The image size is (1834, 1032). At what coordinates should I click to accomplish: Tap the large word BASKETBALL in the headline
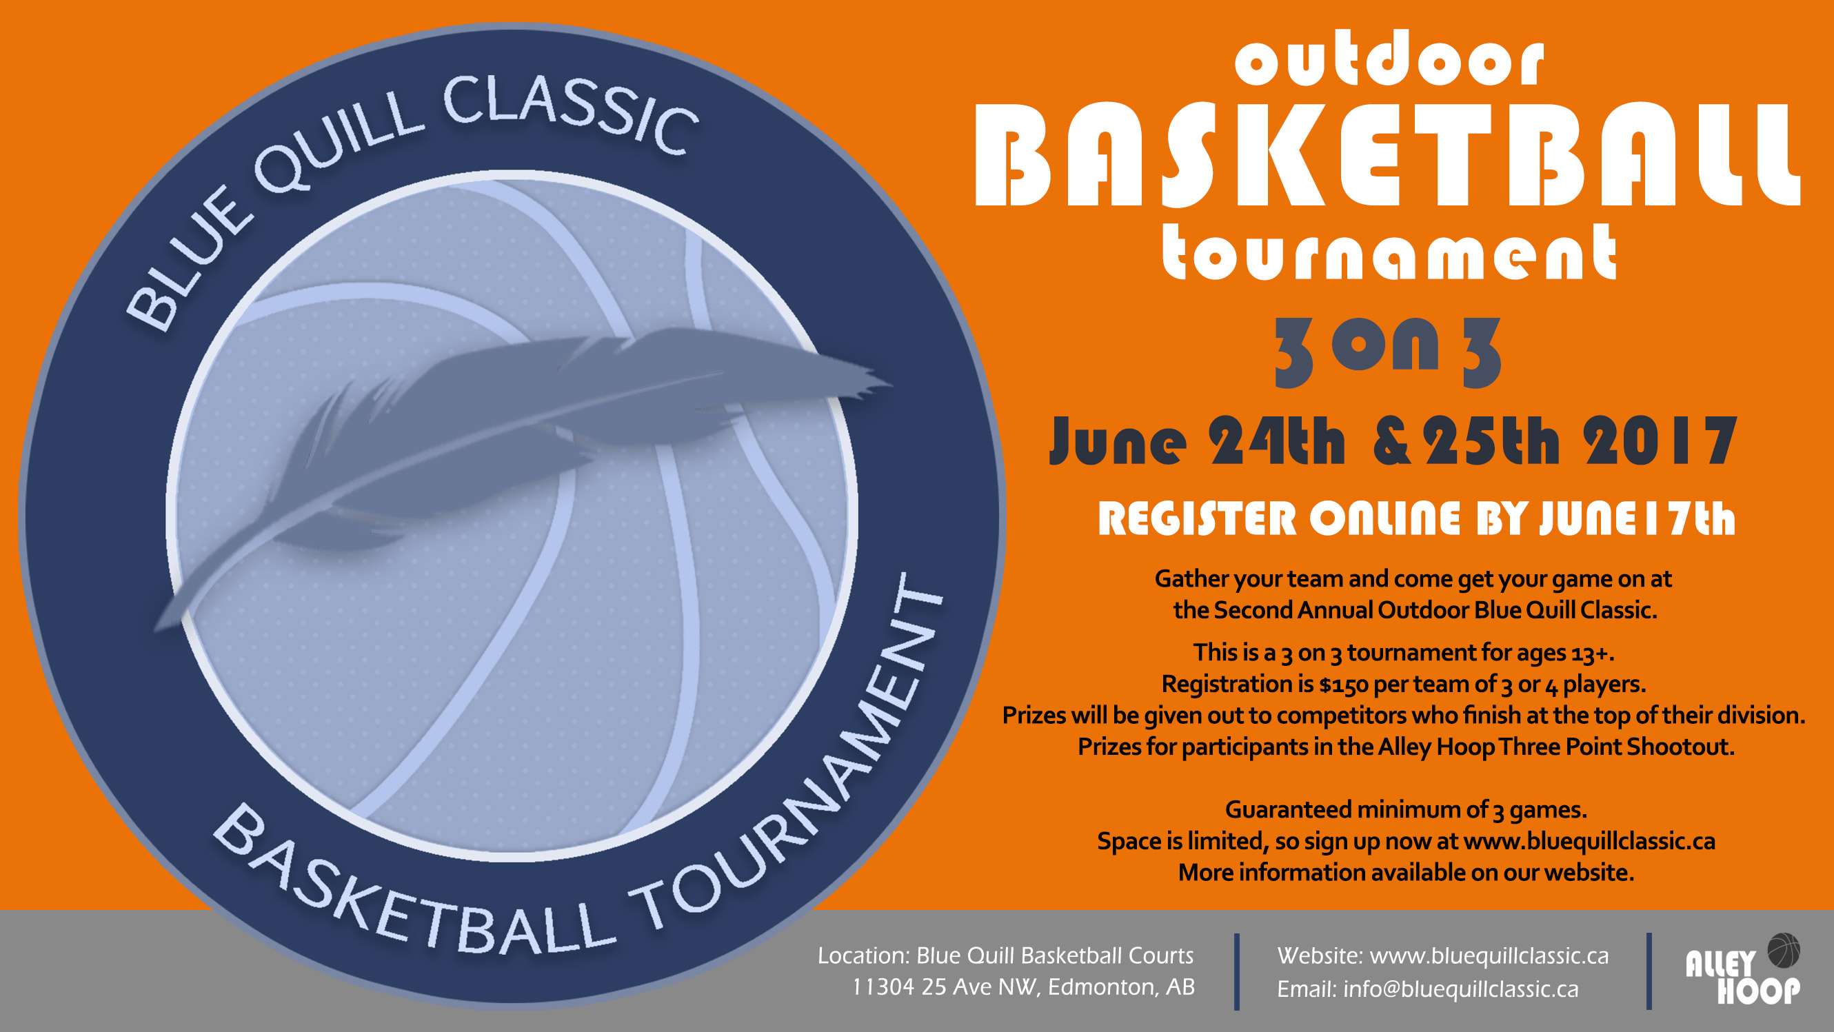pyautogui.click(x=1388, y=154)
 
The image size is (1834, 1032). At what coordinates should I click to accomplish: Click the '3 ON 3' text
pyautogui.click(x=1388, y=352)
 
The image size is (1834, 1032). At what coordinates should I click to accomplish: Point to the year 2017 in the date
pyautogui.click(x=1660, y=441)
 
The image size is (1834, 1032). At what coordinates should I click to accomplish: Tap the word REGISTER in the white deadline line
pyautogui.click(x=1197, y=518)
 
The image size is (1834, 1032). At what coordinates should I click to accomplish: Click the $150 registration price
pyautogui.click(x=1343, y=685)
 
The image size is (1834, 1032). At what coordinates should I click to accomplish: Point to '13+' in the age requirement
pyautogui.click(x=1592, y=653)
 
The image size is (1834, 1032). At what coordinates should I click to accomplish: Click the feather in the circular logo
pyautogui.click(x=523, y=456)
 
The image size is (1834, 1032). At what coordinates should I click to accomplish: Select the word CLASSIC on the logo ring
pyautogui.click(x=570, y=114)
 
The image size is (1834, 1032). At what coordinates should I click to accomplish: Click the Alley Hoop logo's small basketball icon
pyautogui.click(x=1784, y=950)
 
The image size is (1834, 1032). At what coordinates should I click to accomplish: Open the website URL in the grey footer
pyautogui.click(x=1489, y=956)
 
